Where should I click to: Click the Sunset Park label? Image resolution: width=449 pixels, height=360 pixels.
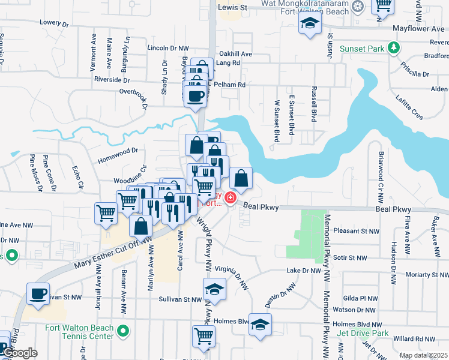pyautogui.click(x=362, y=49)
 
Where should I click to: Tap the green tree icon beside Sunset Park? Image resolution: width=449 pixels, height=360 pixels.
pyautogui.click(x=393, y=47)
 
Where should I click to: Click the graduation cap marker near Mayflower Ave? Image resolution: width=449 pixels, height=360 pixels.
pyautogui.click(x=310, y=24)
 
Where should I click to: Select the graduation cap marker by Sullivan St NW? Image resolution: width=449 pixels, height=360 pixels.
pyautogui.click(x=214, y=290)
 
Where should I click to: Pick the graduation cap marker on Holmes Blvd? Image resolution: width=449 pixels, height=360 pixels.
pyautogui.click(x=260, y=325)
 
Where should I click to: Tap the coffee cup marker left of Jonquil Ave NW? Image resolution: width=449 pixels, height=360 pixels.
pyautogui.click(x=38, y=294)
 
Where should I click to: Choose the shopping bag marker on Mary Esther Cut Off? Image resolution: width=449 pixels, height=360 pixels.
pyautogui.click(x=141, y=227)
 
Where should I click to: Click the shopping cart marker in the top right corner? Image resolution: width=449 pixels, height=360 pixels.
pyautogui.click(x=382, y=6)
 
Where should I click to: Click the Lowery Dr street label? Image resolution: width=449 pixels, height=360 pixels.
pyautogui.click(x=55, y=22)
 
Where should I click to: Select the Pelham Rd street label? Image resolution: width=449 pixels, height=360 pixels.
pyautogui.click(x=234, y=85)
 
